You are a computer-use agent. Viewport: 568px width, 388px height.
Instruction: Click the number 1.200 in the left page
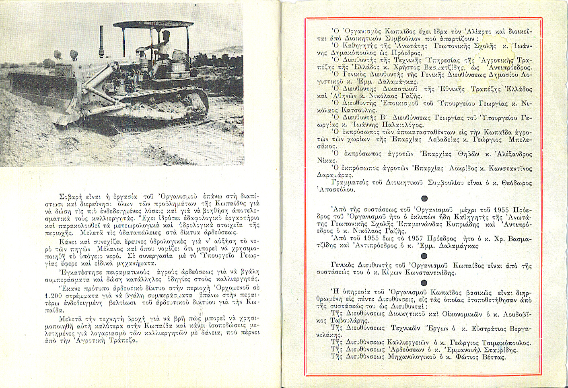coord(52,296)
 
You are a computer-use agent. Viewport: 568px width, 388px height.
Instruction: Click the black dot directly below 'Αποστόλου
coord(424,199)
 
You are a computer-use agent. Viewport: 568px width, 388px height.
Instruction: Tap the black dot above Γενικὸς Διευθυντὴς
coord(424,256)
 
